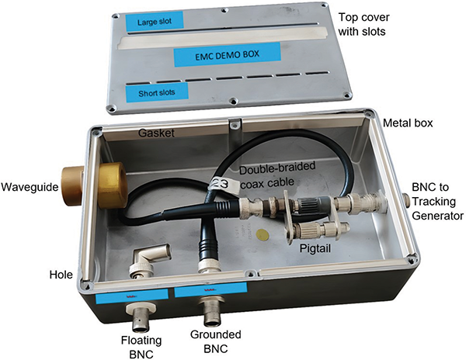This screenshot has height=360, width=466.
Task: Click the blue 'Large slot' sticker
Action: [x=155, y=22]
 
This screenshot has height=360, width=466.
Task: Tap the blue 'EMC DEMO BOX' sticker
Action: [x=228, y=54]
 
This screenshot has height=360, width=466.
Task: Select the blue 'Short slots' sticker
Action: [x=157, y=93]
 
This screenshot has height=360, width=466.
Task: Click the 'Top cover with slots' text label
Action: [x=363, y=24]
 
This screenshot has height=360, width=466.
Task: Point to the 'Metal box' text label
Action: [x=408, y=123]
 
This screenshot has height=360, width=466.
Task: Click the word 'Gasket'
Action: [x=156, y=133]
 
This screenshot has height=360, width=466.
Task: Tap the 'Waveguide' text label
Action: [x=30, y=187]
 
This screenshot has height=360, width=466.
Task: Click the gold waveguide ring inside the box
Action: [x=113, y=185]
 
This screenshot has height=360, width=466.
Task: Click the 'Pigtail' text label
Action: [x=315, y=248]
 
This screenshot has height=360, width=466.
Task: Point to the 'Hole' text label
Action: [x=61, y=275]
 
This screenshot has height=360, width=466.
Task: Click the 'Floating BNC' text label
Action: [x=141, y=347]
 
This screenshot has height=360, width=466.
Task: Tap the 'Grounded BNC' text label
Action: [x=215, y=341]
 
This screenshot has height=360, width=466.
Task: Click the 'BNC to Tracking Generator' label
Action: [x=437, y=202]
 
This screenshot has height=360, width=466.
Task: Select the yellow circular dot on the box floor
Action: [x=263, y=234]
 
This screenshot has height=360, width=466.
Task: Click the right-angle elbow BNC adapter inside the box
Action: [x=149, y=260]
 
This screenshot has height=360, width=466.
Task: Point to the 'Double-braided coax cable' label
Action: [x=277, y=175]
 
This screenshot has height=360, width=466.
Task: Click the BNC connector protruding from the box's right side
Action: [x=406, y=200]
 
